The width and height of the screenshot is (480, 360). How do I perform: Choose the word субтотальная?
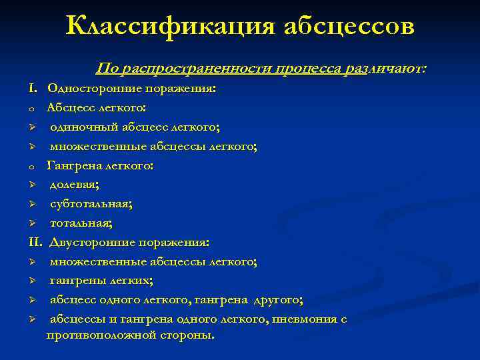click(90, 204)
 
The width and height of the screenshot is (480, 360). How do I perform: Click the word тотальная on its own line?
click(81, 223)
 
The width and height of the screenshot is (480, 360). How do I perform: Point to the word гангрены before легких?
click(75, 281)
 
